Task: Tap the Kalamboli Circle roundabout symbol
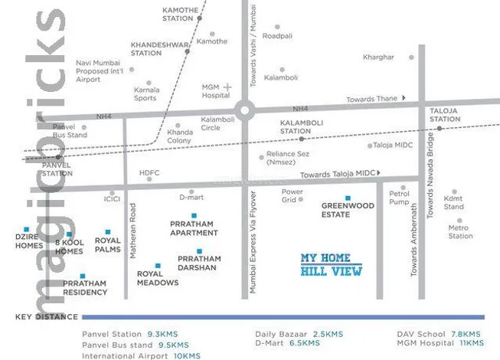[244, 110]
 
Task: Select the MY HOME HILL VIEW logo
[330, 264]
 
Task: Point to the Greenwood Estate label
[347, 210]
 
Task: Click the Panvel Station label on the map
[57, 169]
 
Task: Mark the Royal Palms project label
[108, 245]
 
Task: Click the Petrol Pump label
[400, 198]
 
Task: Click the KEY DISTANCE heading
[46, 316]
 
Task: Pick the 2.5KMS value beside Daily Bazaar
[328, 335]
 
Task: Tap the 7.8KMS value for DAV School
[465, 335]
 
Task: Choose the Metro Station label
[460, 231]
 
